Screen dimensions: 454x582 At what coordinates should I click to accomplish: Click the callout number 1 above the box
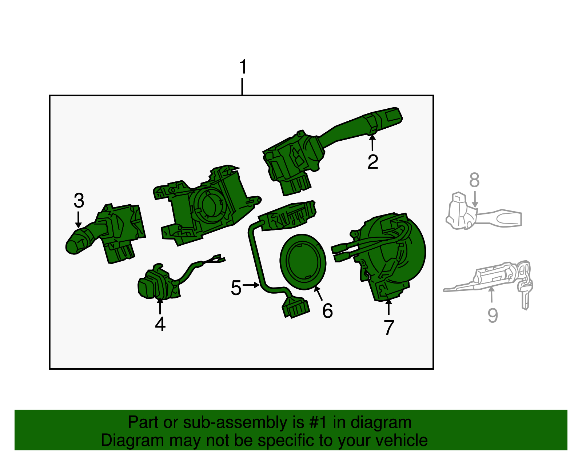click(x=243, y=68)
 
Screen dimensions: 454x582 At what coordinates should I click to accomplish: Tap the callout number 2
click(x=373, y=162)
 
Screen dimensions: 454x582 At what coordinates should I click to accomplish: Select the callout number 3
click(x=79, y=201)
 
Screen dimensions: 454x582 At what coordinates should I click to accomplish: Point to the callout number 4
click(x=160, y=324)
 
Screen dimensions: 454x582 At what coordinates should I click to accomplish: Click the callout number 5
click(x=236, y=288)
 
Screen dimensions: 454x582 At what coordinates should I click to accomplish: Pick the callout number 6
click(x=327, y=311)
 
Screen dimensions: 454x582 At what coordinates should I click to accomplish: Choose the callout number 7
click(x=389, y=328)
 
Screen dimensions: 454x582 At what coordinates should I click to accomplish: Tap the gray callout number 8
click(x=474, y=180)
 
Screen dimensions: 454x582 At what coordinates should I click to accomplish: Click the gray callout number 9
click(x=493, y=315)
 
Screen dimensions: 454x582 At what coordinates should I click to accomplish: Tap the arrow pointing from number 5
click(x=251, y=285)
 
